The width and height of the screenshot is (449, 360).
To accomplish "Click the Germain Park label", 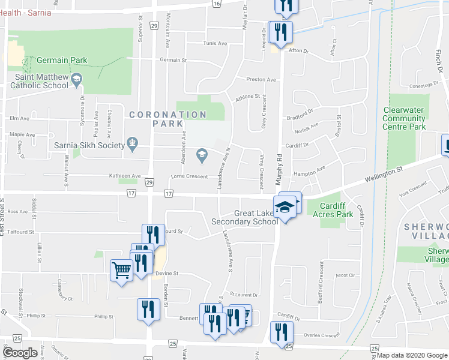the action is [62, 61].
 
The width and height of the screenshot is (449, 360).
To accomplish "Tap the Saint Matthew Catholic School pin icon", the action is [76, 79].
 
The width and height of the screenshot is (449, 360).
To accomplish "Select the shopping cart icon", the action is [121, 270].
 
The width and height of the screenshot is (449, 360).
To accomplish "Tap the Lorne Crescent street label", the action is [189, 176].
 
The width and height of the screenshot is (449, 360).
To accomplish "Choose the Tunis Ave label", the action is [215, 43].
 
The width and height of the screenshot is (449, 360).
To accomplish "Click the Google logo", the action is [20, 353].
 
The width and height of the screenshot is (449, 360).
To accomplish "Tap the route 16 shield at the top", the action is [215, 4].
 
